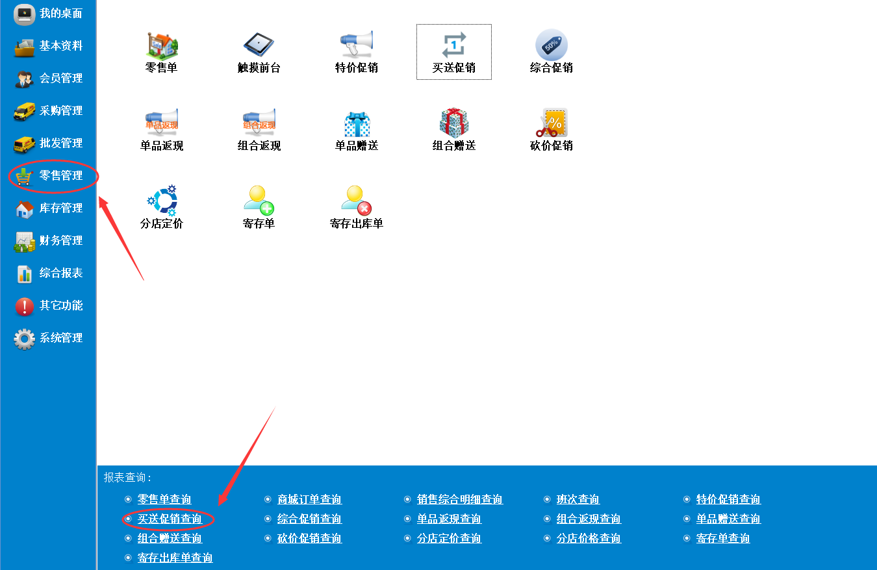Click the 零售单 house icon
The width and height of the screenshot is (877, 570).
pos(162,45)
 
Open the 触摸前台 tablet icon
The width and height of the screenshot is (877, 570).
pos(259,43)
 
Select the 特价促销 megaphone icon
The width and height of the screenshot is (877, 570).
pos(356,43)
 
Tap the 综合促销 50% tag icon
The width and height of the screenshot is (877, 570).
pos(552,45)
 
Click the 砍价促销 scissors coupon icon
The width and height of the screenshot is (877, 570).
pos(552,123)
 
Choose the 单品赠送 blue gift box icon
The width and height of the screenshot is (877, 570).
pos(357,123)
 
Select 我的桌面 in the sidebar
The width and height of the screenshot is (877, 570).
pos(60,13)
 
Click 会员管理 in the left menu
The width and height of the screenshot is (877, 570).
pos(60,79)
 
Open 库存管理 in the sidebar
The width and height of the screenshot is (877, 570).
pos(60,208)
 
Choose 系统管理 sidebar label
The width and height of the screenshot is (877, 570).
pos(60,338)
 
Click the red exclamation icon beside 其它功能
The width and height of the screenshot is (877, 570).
pos(24,306)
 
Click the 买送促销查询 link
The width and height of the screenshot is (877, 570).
pos(170,519)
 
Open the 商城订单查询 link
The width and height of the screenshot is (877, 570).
pos(309,499)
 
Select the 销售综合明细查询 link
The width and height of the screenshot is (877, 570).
pos(460,499)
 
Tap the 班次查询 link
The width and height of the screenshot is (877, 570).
pos(578,499)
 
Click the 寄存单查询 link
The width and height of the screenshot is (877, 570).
pos(723,538)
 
